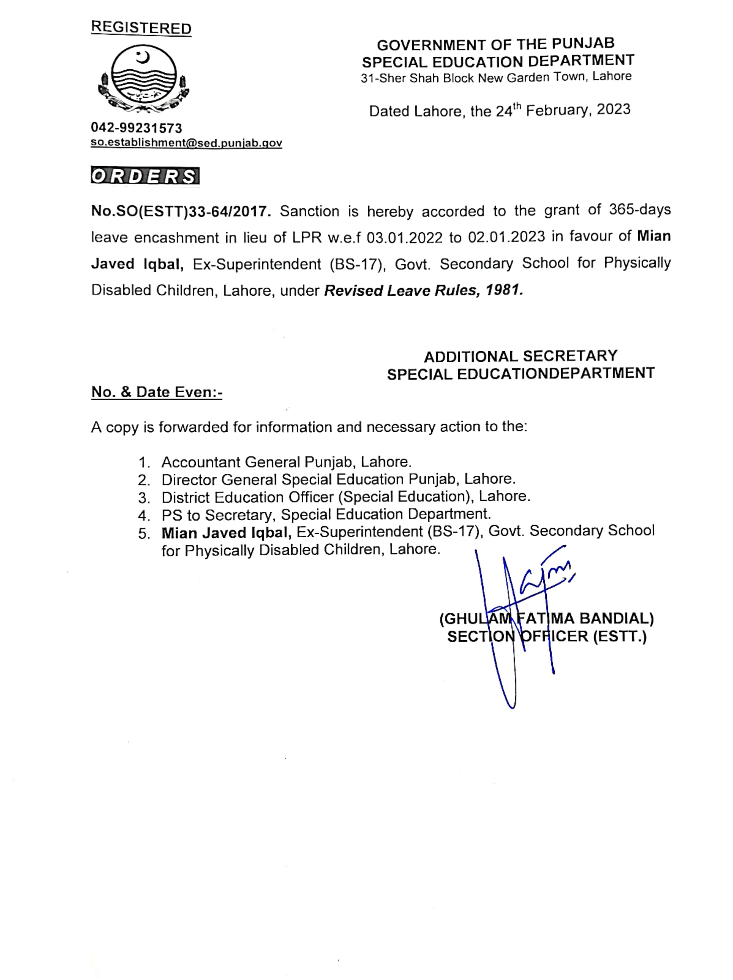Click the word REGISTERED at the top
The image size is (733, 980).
[x=141, y=28]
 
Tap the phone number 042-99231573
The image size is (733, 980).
[x=137, y=128]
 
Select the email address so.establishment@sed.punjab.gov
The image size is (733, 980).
[x=186, y=143]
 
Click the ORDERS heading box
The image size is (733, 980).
[x=145, y=176]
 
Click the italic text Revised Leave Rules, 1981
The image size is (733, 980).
[x=423, y=291]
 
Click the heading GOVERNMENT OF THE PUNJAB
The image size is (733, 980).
[x=495, y=44]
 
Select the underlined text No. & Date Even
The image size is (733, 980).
[x=156, y=392]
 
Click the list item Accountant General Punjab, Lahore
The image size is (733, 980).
[x=286, y=462]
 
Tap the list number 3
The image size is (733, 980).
[x=143, y=498]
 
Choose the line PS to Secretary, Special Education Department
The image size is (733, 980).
[x=326, y=514]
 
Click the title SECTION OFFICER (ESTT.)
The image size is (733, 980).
[x=546, y=637]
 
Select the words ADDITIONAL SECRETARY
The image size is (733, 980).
[x=520, y=356]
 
